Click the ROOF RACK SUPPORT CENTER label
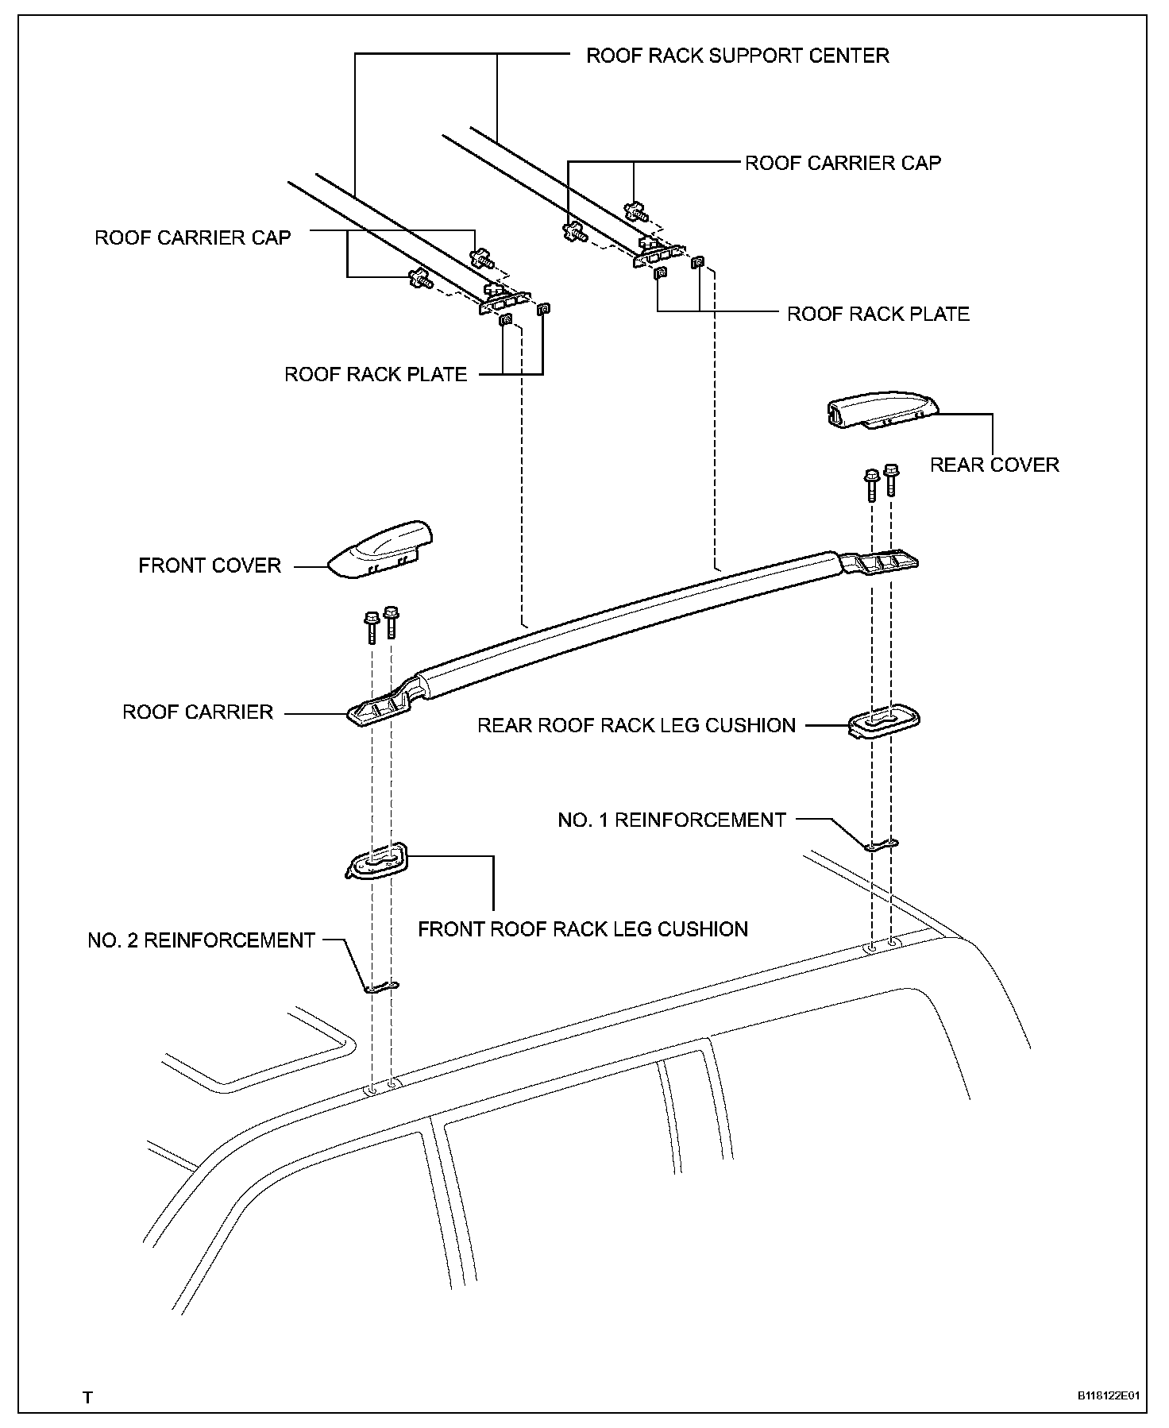[737, 56]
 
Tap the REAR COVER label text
[994, 465]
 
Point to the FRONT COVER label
[210, 565]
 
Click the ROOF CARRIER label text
[198, 712]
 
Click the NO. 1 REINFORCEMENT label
[672, 820]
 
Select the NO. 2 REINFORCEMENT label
[202, 940]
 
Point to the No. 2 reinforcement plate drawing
[382, 987]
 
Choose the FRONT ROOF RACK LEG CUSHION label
[583, 928]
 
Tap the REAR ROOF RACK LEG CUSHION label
[636, 725]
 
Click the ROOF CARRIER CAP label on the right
[843, 163]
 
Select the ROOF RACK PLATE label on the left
[376, 374]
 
